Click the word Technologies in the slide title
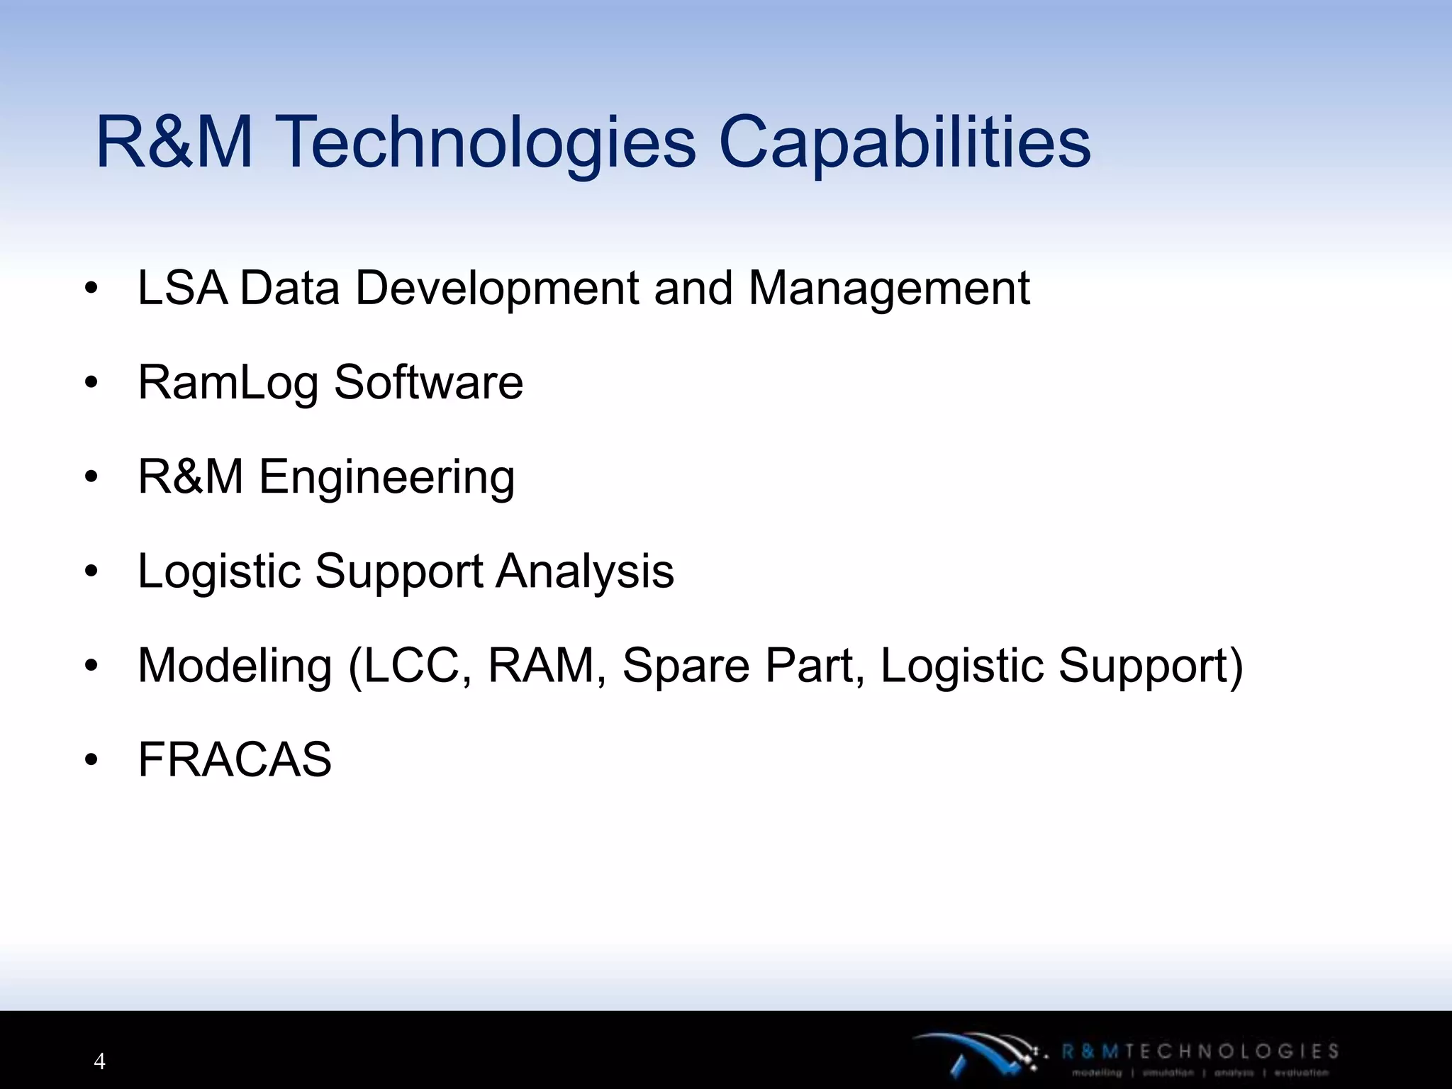click(485, 143)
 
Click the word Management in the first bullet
click(889, 289)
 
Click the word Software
click(428, 382)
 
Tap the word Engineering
click(386, 478)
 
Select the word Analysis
click(585, 571)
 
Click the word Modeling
click(235, 666)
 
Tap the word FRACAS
click(235, 759)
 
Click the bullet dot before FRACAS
click(91, 760)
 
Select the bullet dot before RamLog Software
click(91, 383)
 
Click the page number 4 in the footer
click(99, 1061)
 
